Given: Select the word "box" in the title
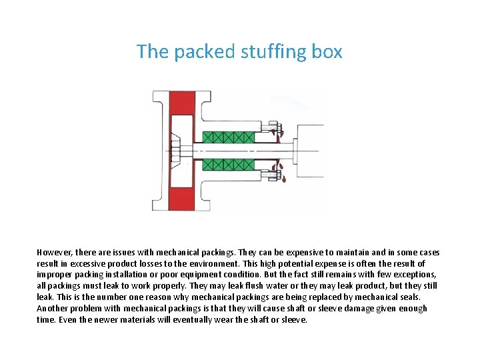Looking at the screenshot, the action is pos(325,52).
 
